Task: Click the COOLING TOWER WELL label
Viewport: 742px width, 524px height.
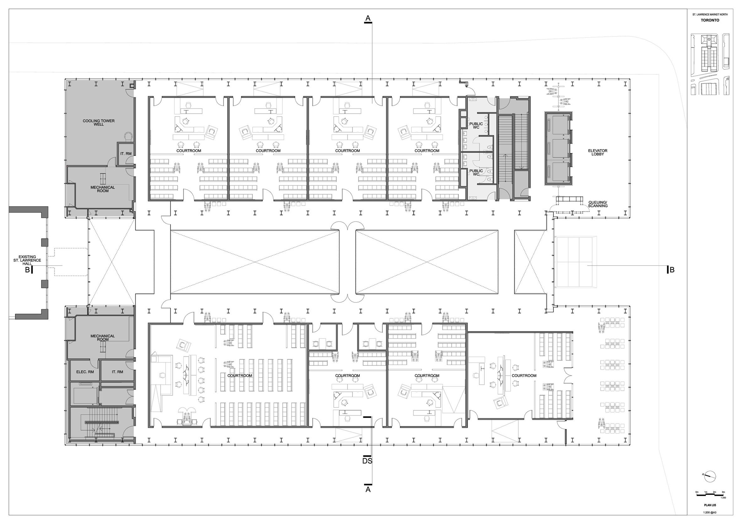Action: coord(99,122)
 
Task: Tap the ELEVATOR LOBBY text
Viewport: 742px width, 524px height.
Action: coord(598,152)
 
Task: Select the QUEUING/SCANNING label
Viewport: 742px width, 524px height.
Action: coord(598,204)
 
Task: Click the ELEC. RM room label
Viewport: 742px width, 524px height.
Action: coord(85,372)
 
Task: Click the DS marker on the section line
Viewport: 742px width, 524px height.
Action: coord(367,461)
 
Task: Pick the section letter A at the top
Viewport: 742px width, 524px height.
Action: coord(368,19)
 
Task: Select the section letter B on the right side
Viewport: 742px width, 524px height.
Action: coord(672,270)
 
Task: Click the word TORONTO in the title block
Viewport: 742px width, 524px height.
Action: coord(707,20)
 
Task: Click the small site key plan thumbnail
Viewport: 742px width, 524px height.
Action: coord(710,64)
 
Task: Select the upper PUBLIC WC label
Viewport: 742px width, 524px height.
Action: coord(476,125)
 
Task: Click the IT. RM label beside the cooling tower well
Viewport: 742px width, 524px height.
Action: coord(126,153)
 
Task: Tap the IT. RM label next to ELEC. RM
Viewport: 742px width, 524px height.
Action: coord(117,372)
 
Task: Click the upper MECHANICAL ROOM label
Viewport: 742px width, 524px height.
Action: coord(102,189)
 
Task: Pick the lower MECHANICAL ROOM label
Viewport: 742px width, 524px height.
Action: coord(102,338)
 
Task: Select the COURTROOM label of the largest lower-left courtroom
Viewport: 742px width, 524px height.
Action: coord(239,375)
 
